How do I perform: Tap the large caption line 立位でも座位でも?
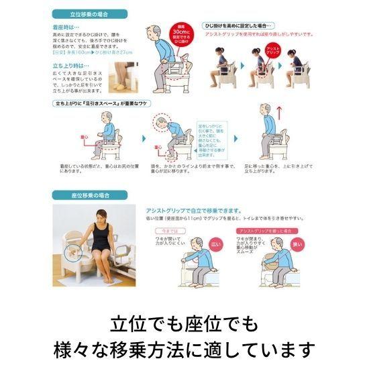(x=184, y=325)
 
